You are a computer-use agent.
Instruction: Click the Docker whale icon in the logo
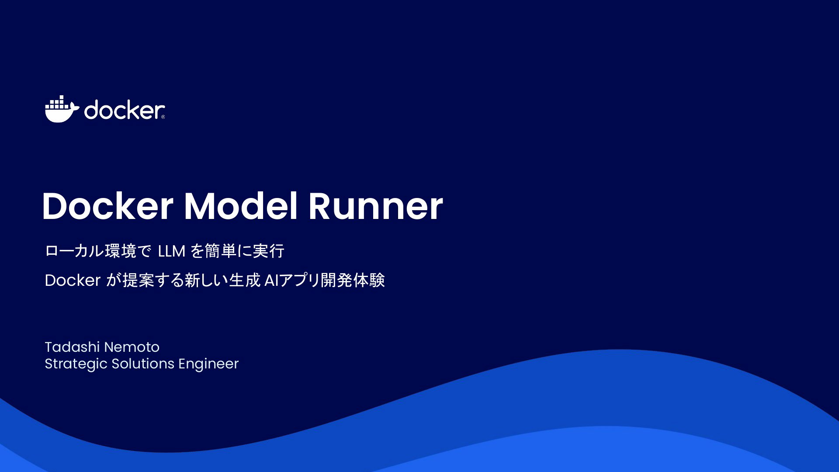pos(62,109)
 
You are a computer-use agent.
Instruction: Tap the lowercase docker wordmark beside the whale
pos(124,110)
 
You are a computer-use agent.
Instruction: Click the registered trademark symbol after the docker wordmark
pos(163,117)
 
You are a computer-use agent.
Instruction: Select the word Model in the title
pos(241,206)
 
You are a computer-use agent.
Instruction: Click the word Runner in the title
pos(376,206)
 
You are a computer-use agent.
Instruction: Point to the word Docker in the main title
pos(107,206)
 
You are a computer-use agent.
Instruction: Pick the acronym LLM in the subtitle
pos(172,251)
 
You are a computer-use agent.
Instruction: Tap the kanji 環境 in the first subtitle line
pos(121,251)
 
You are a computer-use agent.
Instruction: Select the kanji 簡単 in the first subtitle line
pos(220,251)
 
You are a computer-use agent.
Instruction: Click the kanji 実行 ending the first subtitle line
pos(269,251)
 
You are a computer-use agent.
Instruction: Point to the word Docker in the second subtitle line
pos(73,281)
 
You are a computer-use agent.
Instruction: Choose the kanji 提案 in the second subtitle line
pos(139,281)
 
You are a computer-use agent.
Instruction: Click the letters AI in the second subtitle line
pos(271,281)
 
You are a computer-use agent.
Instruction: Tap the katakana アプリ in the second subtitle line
pos(300,281)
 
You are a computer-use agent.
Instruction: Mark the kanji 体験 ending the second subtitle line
pos(369,281)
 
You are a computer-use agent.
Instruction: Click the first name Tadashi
pos(72,347)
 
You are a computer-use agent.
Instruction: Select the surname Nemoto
pos(132,347)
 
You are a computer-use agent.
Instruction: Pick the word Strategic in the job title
pos(76,364)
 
